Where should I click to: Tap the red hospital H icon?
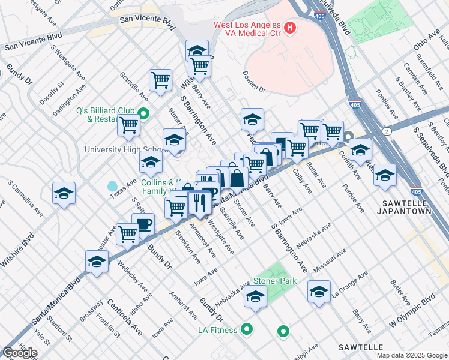click(x=291, y=27)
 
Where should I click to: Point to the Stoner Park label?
click(x=274, y=281)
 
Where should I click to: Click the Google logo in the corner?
click(x=20, y=353)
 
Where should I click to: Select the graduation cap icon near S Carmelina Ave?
click(x=64, y=193)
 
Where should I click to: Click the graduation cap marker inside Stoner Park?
click(x=256, y=296)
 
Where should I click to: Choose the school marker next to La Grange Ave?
click(x=319, y=292)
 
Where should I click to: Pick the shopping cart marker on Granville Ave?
click(x=160, y=80)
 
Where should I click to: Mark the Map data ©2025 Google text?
click(x=412, y=355)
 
